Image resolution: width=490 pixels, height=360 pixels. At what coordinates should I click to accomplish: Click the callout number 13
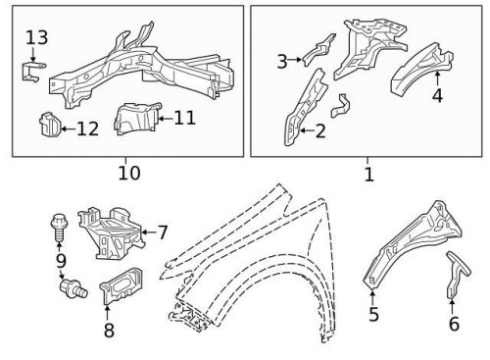click(37, 37)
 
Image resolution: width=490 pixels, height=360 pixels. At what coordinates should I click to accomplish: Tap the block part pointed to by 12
click(50, 124)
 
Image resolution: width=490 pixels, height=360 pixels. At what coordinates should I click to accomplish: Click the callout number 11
click(184, 118)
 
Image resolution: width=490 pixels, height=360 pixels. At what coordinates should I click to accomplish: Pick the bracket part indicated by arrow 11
click(137, 119)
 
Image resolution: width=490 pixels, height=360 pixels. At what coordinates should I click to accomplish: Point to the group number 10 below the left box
click(129, 173)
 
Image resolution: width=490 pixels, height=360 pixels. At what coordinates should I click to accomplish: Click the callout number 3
click(282, 61)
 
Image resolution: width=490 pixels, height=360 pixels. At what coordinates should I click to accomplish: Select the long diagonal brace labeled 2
click(306, 108)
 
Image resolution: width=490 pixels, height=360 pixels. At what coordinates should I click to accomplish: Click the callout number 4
click(437, 95)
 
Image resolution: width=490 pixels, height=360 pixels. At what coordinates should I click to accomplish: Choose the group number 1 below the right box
click(368, 175)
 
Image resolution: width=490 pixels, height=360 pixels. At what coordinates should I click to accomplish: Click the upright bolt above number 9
click(59, 227)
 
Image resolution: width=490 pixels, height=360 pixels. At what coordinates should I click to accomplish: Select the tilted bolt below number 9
click(73, 288)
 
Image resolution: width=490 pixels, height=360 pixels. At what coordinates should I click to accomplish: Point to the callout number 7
click(163, 232)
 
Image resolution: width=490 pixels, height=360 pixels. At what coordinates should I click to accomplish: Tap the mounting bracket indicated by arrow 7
click(111, 232)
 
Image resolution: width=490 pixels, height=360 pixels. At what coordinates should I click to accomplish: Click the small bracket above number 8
click(122, 285)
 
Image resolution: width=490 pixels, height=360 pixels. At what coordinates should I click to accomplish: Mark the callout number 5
click(373, 314)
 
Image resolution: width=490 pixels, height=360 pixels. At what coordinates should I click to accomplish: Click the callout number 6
click(454, 324)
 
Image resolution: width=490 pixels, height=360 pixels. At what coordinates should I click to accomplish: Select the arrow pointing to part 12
click(69, 129)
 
